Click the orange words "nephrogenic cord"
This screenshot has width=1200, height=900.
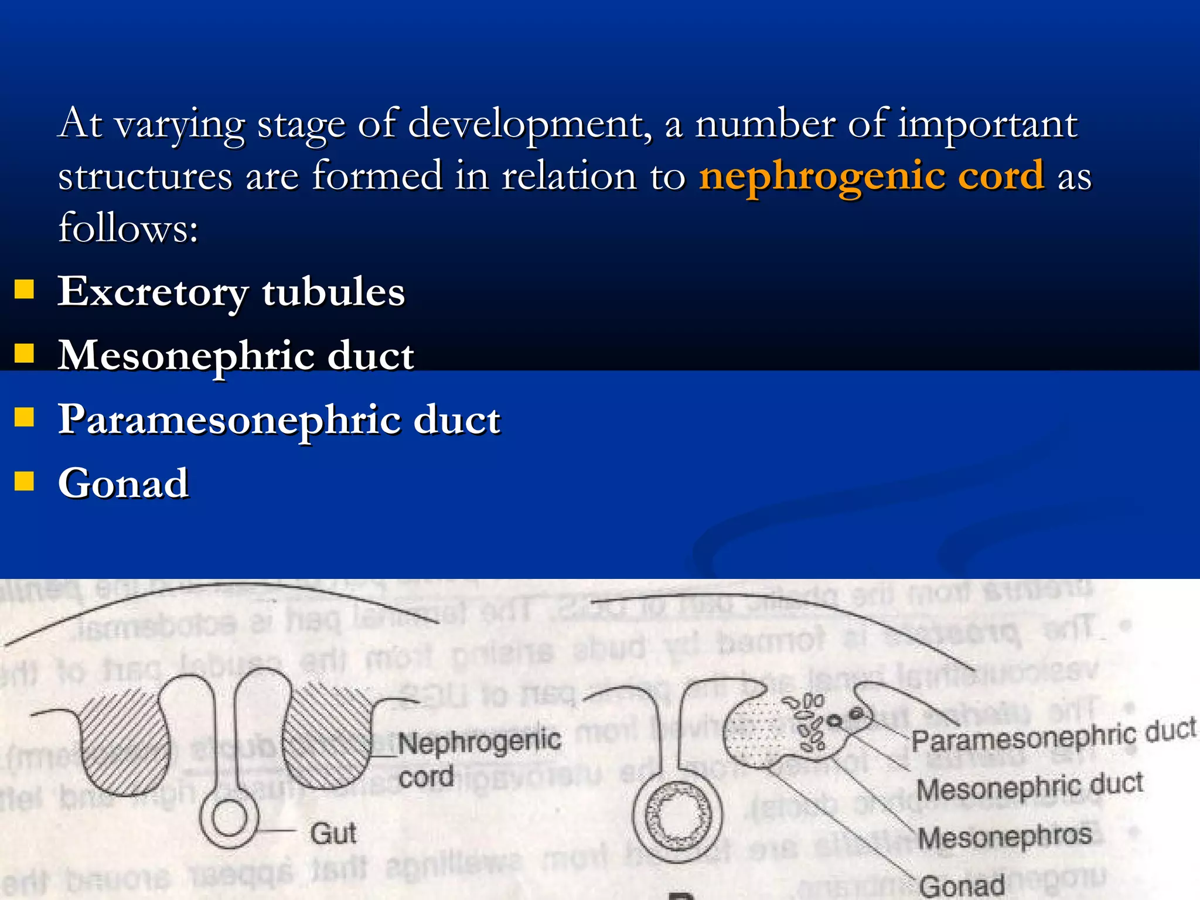coord(871,176)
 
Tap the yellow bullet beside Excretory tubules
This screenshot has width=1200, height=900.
coord(24,289)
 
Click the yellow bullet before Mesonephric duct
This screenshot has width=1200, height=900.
coord(24,353)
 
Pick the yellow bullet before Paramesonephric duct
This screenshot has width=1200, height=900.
coord(24,417)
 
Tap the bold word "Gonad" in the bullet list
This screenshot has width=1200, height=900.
coord(123,483)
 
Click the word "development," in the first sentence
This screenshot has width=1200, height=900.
coord(529,124)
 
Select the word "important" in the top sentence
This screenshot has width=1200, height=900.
coord(987,124)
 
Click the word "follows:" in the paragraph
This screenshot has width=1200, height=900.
coord(128,227)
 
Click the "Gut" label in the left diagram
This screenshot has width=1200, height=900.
coord(333,833)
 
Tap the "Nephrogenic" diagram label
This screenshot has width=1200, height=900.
coord(479,741)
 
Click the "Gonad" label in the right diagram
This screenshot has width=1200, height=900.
coord(962,885)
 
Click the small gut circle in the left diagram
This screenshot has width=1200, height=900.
coord(229,818)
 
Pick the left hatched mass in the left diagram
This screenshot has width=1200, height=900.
coord(124,741)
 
